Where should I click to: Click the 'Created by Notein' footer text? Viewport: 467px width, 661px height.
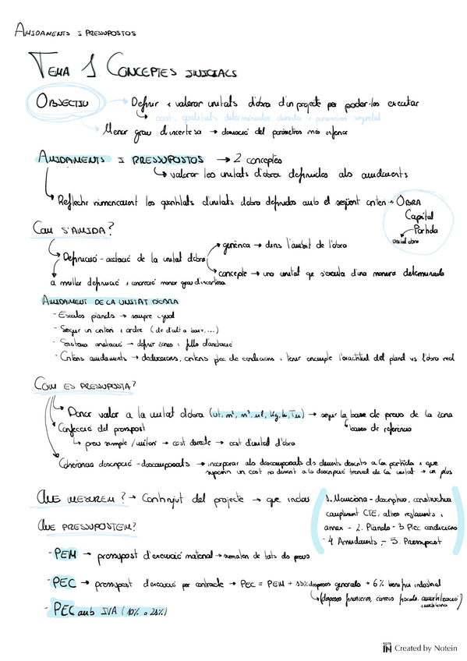pyautogui.click(x=426, y=648)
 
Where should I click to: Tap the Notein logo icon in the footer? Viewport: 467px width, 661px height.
pyautogui.click(x=387, y=648)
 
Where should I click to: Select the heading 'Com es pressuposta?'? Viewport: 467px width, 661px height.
pyautogui.click(x=84, y=386)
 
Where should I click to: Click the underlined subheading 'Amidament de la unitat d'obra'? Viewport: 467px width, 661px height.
pyautogui.click(x=108, y=301)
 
